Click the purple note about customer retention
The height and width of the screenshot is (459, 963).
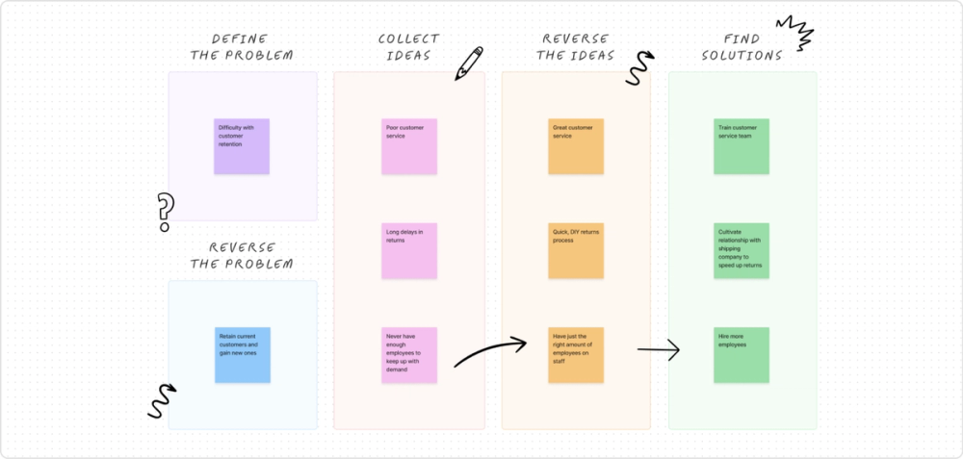pyautogui.click(x=242, y=146)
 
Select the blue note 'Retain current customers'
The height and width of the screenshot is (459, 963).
pyautogui.click(x=242, y=355)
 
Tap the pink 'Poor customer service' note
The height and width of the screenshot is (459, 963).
pyautogui.click(x=409, y=146)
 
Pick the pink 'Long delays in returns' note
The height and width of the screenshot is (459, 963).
pyautogui.click(x=409, y=251)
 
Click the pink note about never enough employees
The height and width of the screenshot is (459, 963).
pyautogui.click(x=409, y=355)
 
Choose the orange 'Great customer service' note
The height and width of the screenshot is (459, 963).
pyautogui.click(x=576, y=146)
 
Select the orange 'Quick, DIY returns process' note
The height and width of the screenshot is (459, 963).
pyautogui.click(x=576, y=251)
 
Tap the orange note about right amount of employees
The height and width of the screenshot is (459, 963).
pyautogui.click(x=576, y=355)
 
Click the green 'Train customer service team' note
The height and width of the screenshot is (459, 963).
pyautogui.click(x=742, y=146)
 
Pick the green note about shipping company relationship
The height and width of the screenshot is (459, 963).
pyautogui.click(x=742, y=251)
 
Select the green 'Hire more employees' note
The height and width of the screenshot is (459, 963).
pyautogui.click(x=742, y=355)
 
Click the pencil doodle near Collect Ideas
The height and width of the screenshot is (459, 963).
pyautogui.click(x=469, y=64)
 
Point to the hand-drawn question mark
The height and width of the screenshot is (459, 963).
pyautogui.click(x=165, y=212)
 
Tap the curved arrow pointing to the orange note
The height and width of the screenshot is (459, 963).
pyautogui.click(x=490, y=351)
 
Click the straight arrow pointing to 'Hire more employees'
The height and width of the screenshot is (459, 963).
pyautogui.click(x=659, y=350)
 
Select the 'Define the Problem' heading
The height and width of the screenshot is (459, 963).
pyautogui.click(x=242, y=47)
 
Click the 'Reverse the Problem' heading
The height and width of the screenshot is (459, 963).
pyautogui.click(x=242, y=255)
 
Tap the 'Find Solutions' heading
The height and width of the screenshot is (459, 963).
pyautogui.click(x=742, y=47)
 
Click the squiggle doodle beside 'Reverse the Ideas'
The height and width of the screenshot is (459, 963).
pyautogui.click(x=638, y=68)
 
